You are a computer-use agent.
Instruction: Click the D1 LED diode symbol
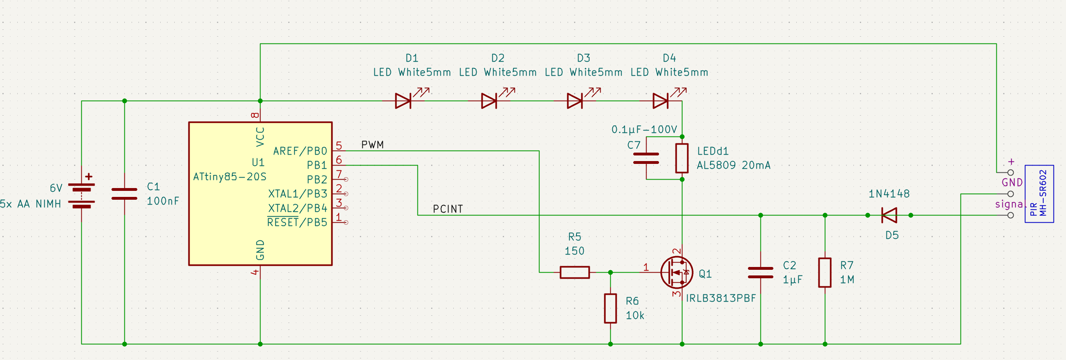click(403, 101)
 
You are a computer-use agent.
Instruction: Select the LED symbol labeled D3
click(575, 101)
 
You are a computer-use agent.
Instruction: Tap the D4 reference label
click(669, 58)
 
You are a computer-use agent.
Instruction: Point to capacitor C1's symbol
click(124, 194)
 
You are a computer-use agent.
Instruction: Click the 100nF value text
click(163, 201)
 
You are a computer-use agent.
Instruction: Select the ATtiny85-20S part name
click(230, 177)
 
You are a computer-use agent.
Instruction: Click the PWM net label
click(372, 145)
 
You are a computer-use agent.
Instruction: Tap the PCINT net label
click(448, 209)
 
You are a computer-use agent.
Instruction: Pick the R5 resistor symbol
click(575, 272)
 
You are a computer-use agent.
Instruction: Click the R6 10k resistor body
click(610, 308)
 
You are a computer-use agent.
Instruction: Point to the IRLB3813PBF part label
click(721, 298)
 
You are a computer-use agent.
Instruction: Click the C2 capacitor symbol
click(760, 273)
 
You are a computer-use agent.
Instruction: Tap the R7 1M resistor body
click(825, 273)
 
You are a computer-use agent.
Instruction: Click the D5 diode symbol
click(889, 215)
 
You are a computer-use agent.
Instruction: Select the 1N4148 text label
click(889, 194)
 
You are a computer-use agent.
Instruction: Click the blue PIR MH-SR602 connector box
click(1039, 194)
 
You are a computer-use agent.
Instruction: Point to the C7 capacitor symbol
click(646, 159)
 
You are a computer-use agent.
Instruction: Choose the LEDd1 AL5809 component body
click(682, 159)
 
